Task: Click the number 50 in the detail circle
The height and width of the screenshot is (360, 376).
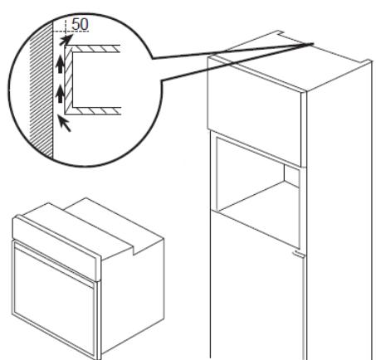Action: pyautogui.click(x=80, y=24)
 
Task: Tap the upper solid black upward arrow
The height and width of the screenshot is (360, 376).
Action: pyautogui.click(x=60, y=63)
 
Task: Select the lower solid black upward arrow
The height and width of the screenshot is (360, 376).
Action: pyautogui.click(x=60, y=94)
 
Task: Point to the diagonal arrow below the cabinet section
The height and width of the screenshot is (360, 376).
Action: pyautogui.click(x=64, y=123)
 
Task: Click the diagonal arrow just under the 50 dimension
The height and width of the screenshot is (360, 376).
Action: pyautogui.click(x=66, y=39)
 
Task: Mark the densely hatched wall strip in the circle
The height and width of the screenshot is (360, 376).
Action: pyautogui.click(x=41, y=91)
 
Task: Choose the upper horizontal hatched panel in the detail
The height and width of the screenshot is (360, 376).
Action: pyautogui.click(x=94, y=48)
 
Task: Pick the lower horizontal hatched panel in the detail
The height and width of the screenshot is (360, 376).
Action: pyautogui.click(x=94, y=110)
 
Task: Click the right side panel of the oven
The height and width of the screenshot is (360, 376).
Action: pyautogui.click(x=133, y=296)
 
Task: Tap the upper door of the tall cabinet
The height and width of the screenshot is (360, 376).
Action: pyautogui.click(x=254, y=110)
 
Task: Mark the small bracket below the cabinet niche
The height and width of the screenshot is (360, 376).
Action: pyautogui.click(x=300, y=254)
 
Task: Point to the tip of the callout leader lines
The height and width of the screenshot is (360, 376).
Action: pyautogui.click(x=313, y=43)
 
